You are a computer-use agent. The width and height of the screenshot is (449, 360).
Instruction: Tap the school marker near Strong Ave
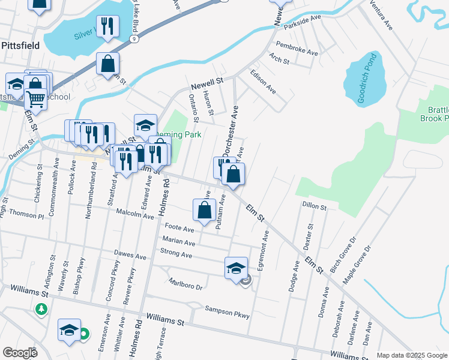[x=236, y=268]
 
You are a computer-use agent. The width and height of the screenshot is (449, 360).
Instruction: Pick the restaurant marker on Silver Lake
[x=107, y=26]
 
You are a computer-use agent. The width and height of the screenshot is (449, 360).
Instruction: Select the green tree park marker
[x=41, y=309]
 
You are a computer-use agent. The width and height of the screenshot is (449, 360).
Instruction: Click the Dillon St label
[x=314, y=207]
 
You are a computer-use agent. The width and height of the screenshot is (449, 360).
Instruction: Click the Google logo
[x=20, y=353]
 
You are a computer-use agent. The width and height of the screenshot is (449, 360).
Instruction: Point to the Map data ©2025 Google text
[x=411, y=355]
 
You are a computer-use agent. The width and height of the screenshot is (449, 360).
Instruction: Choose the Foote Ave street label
[x=179, y=229]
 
